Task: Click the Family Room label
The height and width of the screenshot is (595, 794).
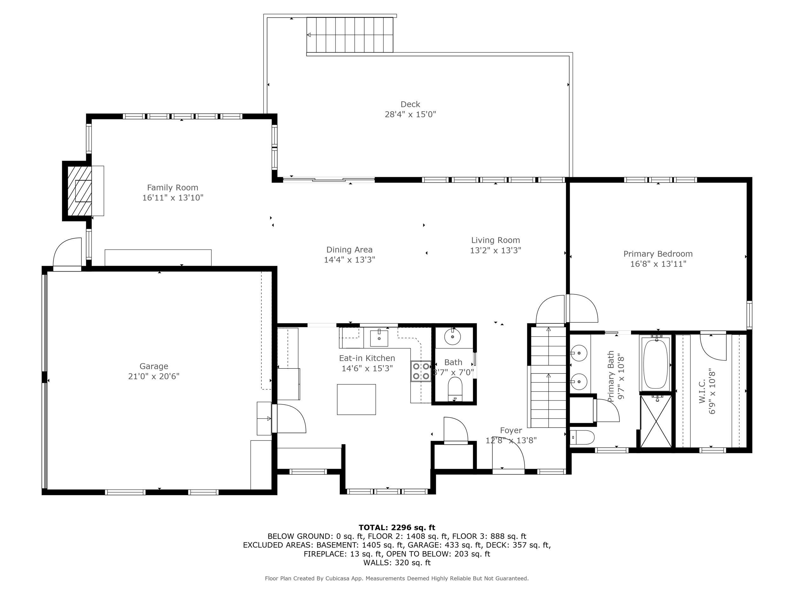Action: point(173,188)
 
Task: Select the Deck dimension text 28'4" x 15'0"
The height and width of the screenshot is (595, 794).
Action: point(410,115)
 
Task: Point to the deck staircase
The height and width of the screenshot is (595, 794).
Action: point(350,35)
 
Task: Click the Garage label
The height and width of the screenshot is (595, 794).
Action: point(154,366)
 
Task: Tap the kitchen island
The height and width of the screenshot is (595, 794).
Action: point(356,400)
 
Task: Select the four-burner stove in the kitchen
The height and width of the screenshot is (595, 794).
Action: point(421,371)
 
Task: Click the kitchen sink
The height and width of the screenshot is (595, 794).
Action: point(379,338)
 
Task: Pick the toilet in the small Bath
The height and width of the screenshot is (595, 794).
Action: point(455,389)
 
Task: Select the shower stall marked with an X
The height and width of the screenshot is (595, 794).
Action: point(656,421)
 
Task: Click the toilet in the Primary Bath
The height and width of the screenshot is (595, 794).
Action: point(582,438)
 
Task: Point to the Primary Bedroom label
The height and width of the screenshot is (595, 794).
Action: point(658,254)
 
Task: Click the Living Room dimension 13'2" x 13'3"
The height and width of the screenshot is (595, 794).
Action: point(495,250)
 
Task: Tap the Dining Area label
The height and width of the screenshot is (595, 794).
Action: point(349,250)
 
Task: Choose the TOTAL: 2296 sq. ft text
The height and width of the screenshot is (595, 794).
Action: point(397,528)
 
